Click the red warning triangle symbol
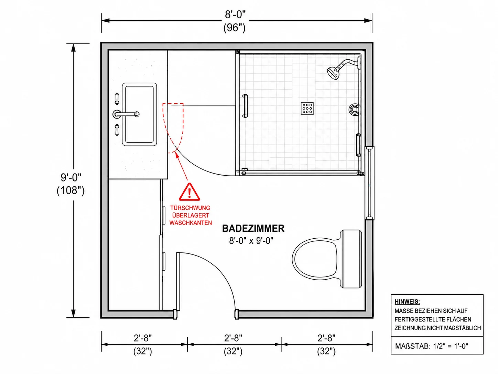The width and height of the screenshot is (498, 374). coord(189,192)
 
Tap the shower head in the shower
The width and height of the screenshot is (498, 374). coord(333,73)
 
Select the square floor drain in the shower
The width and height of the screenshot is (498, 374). coord(307,108)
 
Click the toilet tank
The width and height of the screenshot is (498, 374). coord(351,259)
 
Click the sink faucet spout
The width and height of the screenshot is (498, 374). coord(126,114)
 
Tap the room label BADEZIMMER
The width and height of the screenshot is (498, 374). coord(253,228)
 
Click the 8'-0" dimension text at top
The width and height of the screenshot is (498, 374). coord(235,14)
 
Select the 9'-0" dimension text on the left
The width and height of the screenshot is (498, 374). coord(71,177)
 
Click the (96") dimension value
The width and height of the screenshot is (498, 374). coord(235,28)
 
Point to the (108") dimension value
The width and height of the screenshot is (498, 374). coord(71,190)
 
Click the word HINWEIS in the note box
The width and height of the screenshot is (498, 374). coord(407,302)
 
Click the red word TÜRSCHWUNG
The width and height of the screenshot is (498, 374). coord(190,208)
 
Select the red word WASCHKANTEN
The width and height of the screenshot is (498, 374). coord(191,223)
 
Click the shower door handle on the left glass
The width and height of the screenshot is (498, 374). coord(245,106)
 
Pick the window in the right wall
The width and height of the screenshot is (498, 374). coord(369,183)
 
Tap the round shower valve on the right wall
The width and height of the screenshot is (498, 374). coord(354,109)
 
